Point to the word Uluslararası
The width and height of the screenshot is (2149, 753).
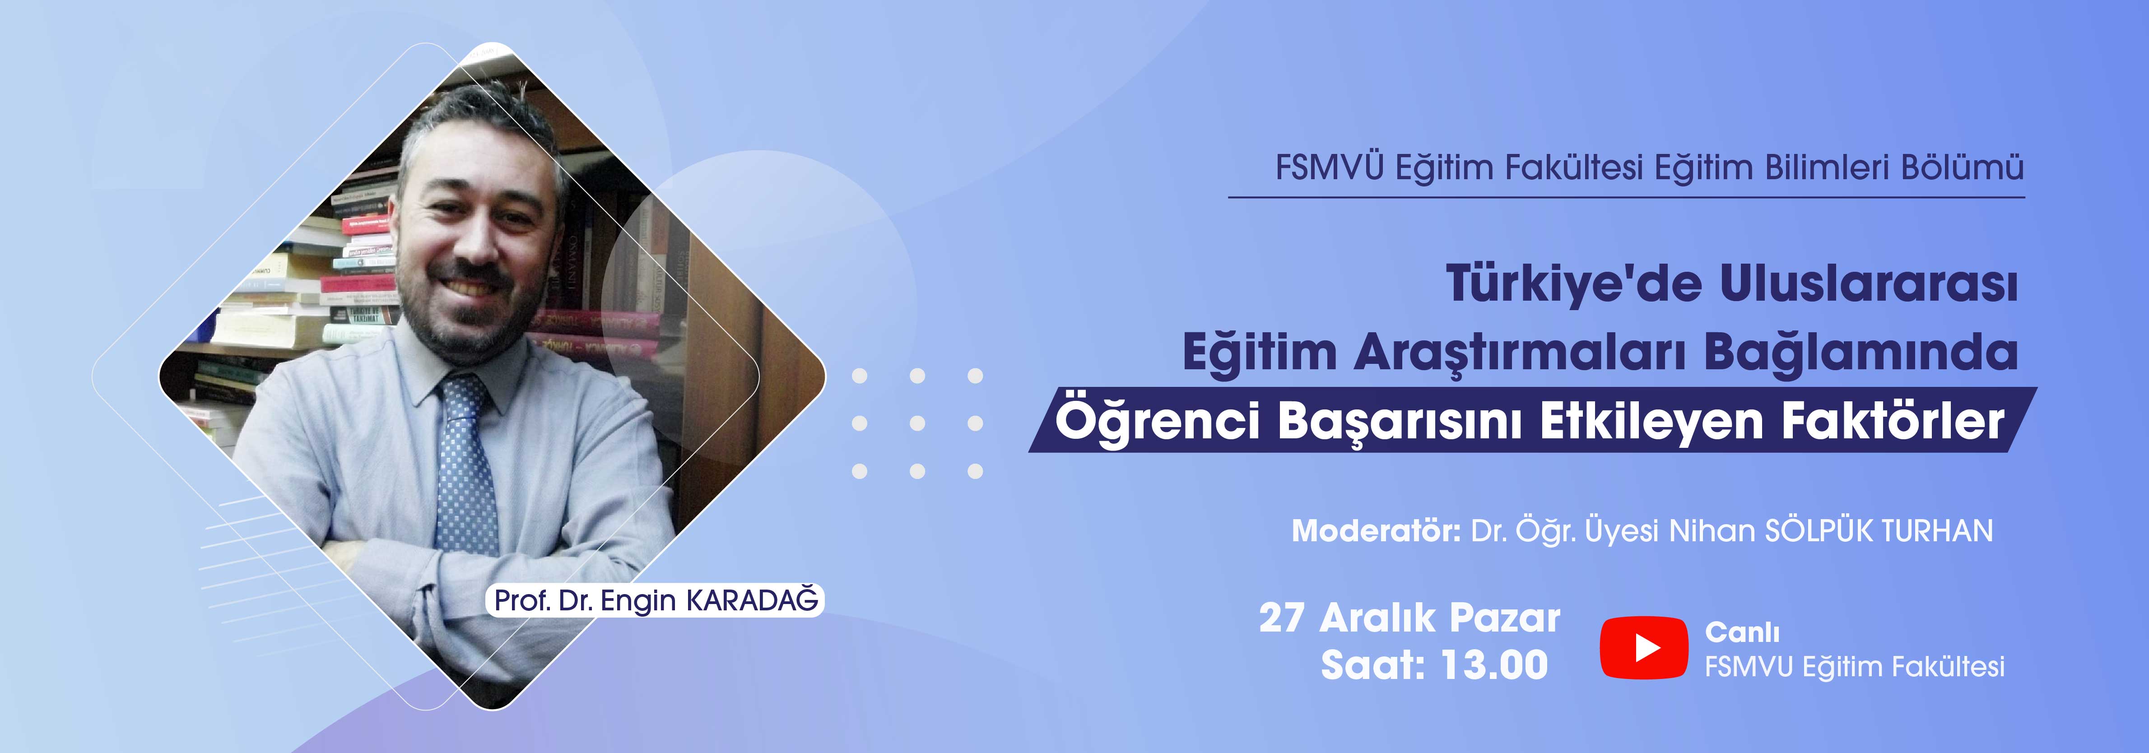[x=1869, y=284]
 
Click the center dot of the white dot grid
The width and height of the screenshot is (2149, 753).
[x=917, y=423]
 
